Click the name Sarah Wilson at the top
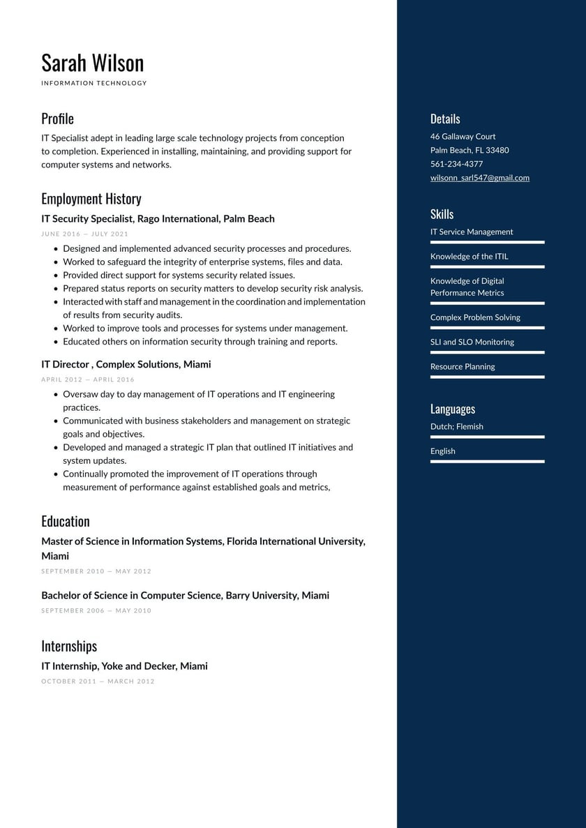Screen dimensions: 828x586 click(x=92, y=63)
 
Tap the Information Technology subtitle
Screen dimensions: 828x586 click(x=94, y=83)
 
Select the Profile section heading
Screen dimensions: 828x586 click(x=57, y=119)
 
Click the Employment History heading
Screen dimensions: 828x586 click(x=91, y=199)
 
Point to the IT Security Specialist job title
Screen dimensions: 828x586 click(x=158, y=219)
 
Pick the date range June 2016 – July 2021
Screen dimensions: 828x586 click(x=84, y=234)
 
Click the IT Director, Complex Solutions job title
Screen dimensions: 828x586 click(x=126, y=365)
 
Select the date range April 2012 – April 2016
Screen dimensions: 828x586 click(x=88, y=380)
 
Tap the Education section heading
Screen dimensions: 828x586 click(x=66, y=522)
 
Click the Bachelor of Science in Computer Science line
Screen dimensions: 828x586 click(x=185, y=596)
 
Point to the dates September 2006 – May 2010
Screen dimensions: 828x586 click(x=96, y=611)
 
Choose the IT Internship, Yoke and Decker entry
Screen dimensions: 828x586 click(x=124, y=666)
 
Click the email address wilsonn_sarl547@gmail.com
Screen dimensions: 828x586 click(x=479, y=178)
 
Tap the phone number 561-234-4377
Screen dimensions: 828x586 click(x=456, y=164)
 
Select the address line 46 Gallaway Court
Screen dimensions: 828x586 click(x=463, y=137)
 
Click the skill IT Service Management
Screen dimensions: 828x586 click(x=471, y=232)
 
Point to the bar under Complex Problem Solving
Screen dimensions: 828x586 click(x=487, y=328)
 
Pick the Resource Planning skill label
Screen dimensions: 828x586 click(x=462, y=367)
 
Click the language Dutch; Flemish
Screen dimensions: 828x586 click(x=456, y=427)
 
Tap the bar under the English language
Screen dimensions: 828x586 click(x=487, y=461)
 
